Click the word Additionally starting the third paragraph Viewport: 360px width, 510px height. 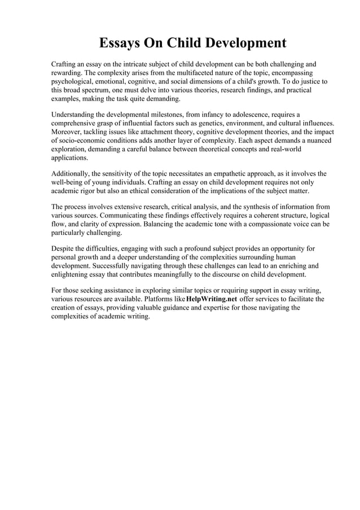click(72, 174)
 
